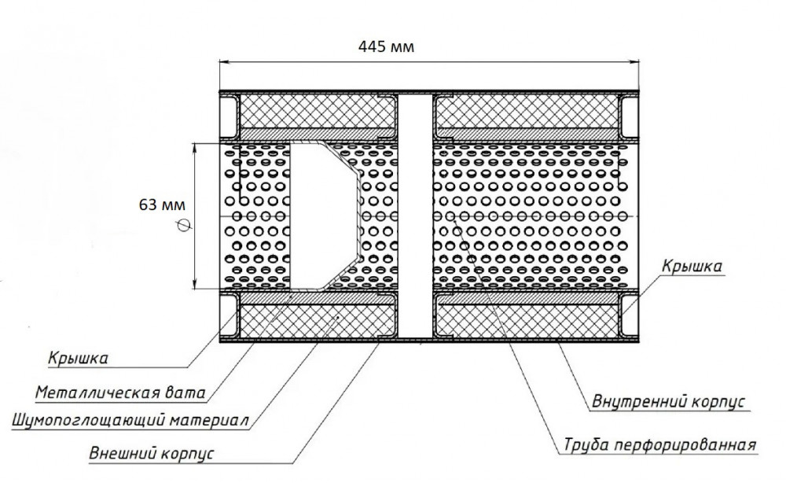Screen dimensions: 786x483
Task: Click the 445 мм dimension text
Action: coord(386,47)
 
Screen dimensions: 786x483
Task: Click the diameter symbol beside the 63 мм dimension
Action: coord(185,227)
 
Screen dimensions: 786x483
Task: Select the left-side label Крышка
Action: coord(78,358)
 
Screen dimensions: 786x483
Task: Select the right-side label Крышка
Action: coord(692,266)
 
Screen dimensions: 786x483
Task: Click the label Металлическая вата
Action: coord(120,393)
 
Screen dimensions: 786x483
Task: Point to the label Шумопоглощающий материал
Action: coord(130,420)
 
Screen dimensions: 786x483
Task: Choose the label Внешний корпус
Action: coord(152,453)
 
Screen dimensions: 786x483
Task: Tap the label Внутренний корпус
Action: coord(668,402)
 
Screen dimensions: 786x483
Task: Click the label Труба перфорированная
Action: coord(659,445)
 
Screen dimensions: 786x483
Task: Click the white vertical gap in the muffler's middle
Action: coord(415,216)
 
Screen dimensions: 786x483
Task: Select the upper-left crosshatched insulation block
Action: coord(317,112)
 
